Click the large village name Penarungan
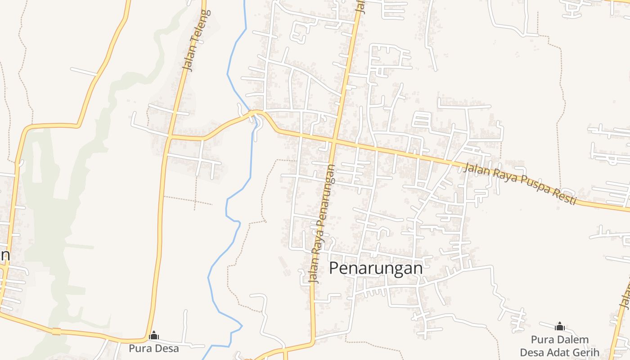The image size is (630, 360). click(376, 268)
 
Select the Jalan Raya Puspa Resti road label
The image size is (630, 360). click(520, 183)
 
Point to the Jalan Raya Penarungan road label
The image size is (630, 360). click(322, 223)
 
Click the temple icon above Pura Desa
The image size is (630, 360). click(154, 335)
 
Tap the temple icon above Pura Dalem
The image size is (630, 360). click(560, 326)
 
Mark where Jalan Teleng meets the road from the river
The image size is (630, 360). click(170, 136)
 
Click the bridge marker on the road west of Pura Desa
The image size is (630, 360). click(56, 332)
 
